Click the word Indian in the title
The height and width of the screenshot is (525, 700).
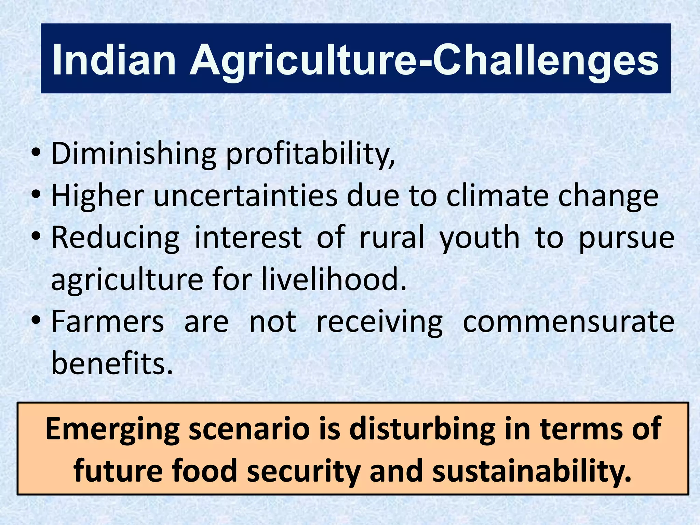coord(114,61)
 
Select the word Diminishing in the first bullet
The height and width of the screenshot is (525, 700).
coord(134,154)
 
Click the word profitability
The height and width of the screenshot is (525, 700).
coord(310,154)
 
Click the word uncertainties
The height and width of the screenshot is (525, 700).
coord(245,196)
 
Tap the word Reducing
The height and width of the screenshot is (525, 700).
coord(115,238)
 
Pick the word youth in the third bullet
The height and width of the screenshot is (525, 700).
coord(480,238)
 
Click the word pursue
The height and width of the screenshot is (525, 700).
coord(627,238)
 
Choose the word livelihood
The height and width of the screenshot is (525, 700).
coord(334,280)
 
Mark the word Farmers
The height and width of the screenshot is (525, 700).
coord(108,322)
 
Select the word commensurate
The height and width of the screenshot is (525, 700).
coord(568,322)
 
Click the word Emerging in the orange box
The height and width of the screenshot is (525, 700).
coord(112,430)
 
